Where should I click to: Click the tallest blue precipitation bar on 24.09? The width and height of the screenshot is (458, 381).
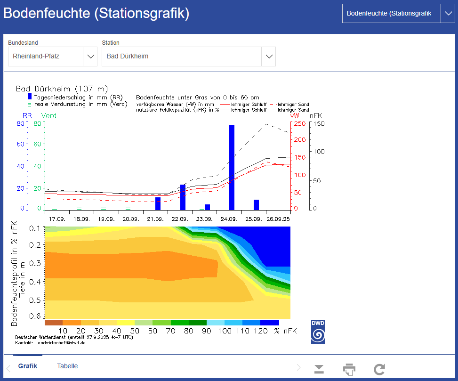click(232, 167)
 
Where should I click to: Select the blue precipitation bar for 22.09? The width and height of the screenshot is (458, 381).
click(183, 197)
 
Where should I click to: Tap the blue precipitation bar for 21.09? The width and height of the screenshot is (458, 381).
click(158, 203)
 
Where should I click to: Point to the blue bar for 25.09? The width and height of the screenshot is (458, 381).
click(256, 204)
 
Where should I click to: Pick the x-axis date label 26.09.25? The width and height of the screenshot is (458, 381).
click(278, 219)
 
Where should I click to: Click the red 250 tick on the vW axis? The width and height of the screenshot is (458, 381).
click(300, 123)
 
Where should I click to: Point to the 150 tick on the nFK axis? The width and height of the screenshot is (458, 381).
click(319, 123)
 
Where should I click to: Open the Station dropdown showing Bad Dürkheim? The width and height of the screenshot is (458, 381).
click(188, 57)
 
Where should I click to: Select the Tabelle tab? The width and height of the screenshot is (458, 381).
click(67, 366)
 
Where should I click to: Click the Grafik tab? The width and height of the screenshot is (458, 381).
click(28, 366)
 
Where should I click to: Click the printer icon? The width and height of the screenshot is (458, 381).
click(349, 369)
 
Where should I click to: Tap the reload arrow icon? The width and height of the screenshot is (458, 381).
click(379, 369)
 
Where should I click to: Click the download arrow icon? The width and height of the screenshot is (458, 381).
click(319, 369)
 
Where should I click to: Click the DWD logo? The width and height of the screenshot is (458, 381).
click(318, 332)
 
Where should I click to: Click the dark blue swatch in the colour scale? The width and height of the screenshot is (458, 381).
click(270, 323)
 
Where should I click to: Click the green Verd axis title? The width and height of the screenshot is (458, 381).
click(49, 116)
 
